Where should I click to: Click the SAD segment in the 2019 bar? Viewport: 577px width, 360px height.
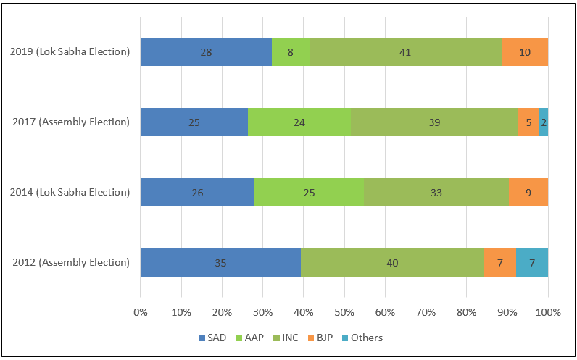[206, 52]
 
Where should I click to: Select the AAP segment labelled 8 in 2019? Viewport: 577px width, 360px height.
[291, 52]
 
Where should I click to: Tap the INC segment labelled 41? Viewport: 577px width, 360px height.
[405, 52]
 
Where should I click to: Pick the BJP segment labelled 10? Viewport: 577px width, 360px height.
[524, 52]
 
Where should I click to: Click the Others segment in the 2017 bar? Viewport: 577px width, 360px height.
[544, 122]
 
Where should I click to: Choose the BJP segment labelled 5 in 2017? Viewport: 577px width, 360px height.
[528, 122]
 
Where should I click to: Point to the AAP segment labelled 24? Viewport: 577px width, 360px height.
[299, 122]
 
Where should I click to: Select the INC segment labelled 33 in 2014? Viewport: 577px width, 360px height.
[436, 193]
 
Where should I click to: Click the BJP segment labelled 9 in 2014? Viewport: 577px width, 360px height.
[528, 193]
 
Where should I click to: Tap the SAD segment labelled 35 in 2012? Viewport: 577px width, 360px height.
[220, 262]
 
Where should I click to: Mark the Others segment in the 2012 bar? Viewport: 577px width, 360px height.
[532, 262]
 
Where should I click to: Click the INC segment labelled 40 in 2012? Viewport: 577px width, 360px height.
[392, 262]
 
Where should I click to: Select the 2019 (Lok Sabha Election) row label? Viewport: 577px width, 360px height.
[70, 52]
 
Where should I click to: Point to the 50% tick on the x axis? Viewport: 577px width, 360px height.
[344, 312]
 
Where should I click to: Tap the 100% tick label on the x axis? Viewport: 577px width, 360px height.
[548, 312]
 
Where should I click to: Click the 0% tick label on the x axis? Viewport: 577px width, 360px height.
[141, 312]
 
